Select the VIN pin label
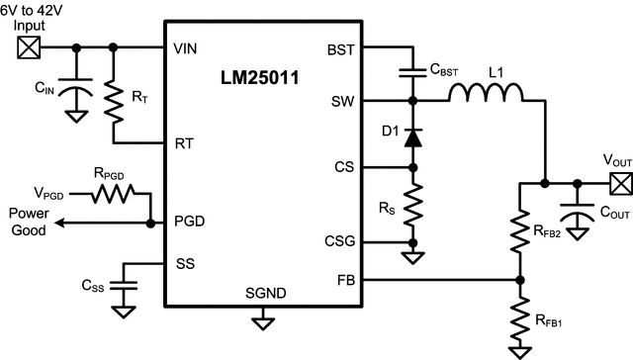[x=186, y=47]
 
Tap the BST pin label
[x=339, y=47]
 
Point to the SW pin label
[x=341, y=101]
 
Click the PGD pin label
[x=190, y=224]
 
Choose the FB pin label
[x=346, y=280]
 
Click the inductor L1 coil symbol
[x=487, y=94]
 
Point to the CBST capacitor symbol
[x=410, y=71]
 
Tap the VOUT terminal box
[x=620, y=183]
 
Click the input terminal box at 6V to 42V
[x=28, y=46]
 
